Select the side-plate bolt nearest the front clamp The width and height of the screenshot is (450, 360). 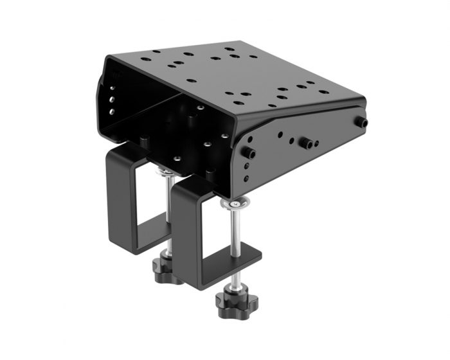248,153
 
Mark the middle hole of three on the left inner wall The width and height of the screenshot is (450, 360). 113,99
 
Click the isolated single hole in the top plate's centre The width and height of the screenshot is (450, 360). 191,80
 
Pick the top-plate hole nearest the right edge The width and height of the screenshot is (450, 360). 323,92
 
